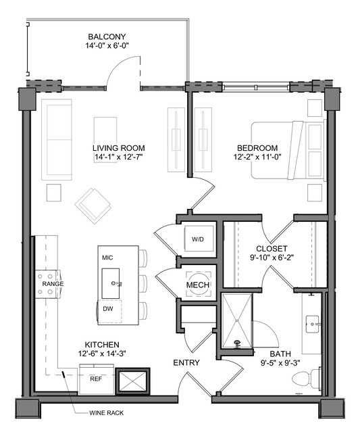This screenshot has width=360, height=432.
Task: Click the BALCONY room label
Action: pyautogui.click(x=107, y=37)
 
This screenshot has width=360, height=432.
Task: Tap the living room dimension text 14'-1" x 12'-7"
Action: pyautogui.click(x=119, y=157)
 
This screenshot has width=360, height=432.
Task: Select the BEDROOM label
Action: pyautogui.click(x=257, y=148)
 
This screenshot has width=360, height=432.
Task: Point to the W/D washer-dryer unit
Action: pyautogui.click(x=199, y=239)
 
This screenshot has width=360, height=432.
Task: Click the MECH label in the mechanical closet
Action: pyautogui.click(x=198, y=285)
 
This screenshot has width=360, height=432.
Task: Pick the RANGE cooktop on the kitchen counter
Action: pyautogui.click(x=48, y=284)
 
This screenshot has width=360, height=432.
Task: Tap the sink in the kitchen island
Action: pyautogui.click(x=111, y=283)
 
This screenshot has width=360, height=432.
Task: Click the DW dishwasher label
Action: pyautogui.click(x=108, y=309)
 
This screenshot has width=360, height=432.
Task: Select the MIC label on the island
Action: pyautogui.click(x=107, y=258)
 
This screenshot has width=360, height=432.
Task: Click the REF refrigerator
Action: pyautogui.click(x=97, y=379)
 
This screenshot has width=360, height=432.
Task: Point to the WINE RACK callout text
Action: pyautogui.click(x=106, y=412)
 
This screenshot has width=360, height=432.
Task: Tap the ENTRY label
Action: pyautogui.click(x=186, y=363)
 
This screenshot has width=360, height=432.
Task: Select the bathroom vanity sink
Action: pyautogui.click(x=313, y=325)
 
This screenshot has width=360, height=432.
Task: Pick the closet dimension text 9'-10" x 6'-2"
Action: pyautogui.click(x=272, y=258)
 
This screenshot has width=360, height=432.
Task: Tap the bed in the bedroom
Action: pyautogui.click(x=288, y=151)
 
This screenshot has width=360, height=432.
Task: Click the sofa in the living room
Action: pyautogui.click(x=57, y=140)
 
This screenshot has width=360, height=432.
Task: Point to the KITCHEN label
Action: pyautogui.click(x=102, y=345)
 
